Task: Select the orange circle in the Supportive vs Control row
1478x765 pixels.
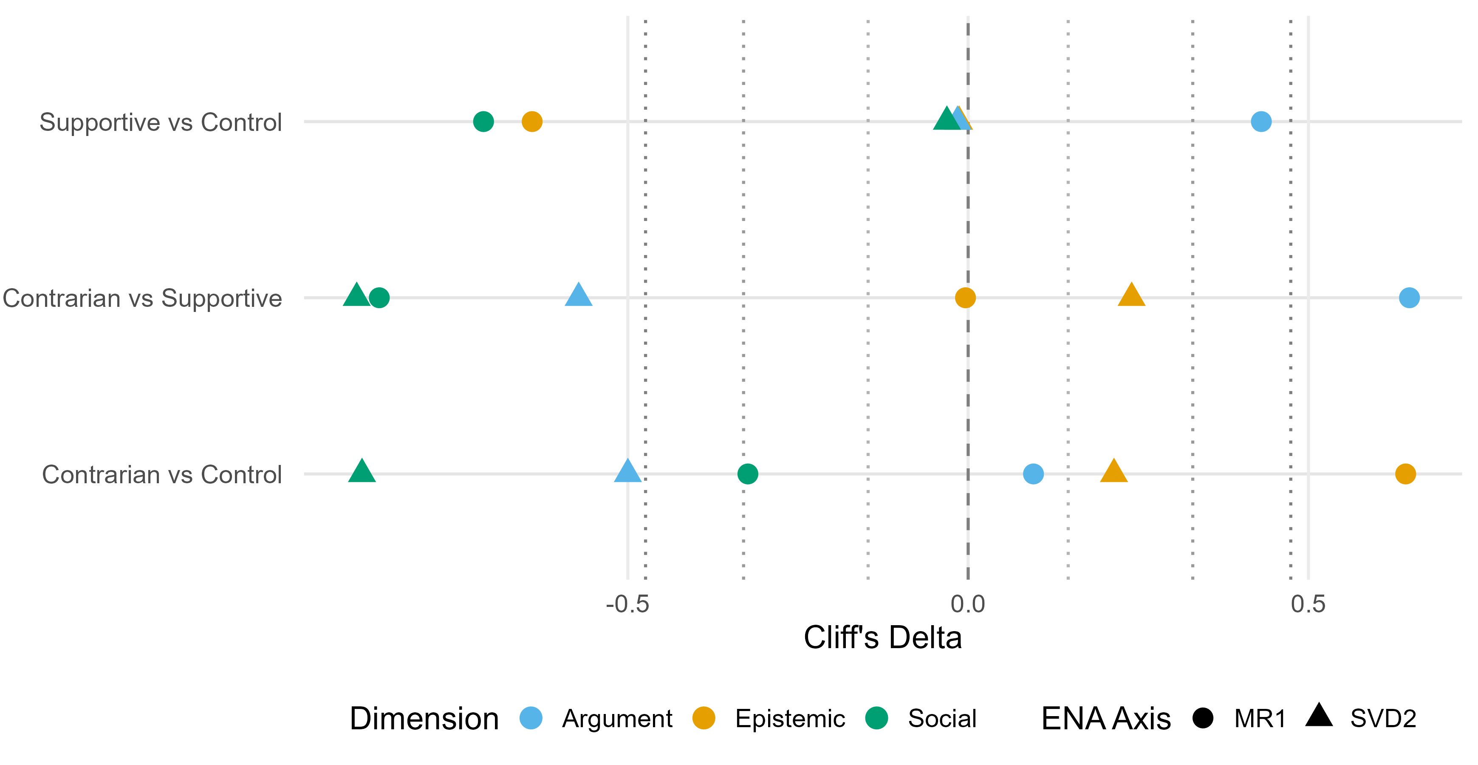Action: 532,122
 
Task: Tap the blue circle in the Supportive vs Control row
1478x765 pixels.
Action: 1260,122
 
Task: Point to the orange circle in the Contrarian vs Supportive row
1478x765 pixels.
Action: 965,298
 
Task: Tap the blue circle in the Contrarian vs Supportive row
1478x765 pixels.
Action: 1409,298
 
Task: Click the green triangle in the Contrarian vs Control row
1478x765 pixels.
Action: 362,472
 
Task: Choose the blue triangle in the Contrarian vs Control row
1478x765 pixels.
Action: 627,472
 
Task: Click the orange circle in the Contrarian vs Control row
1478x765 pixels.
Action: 1405,474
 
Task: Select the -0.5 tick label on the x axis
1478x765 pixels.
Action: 627,604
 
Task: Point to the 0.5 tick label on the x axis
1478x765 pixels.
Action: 1308,604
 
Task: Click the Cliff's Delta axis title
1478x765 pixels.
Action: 882,637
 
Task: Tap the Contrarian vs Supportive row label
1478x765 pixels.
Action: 142,298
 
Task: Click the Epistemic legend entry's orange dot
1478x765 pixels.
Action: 704,718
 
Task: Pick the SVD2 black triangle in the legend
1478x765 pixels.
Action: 1319,716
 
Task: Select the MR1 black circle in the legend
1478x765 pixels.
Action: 1203,718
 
